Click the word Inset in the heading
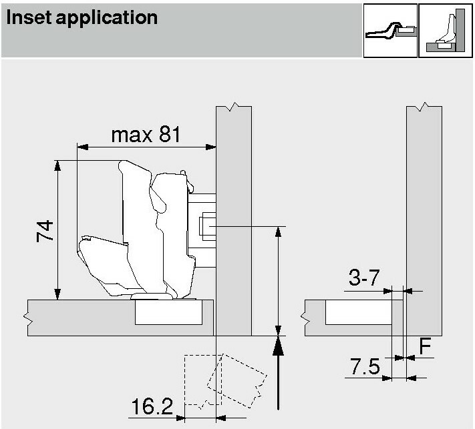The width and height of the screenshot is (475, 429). pyautogui.click(x=28, y=17)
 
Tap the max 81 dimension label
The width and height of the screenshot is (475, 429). pyautogui.click(x=146, y=135)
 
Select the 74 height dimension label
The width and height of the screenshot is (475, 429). pyautogui.click(x=45, y=231)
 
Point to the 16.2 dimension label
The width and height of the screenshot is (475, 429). pyautogui.click(x=152, y=406)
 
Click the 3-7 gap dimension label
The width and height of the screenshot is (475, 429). pyautogui.click(x=364, y=277)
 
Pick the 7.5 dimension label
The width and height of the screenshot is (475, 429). pyautogui.click(x=365, y=366)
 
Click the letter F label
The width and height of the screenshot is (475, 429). pyautogui.click(x=425, y=346)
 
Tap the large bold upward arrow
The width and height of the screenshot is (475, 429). pyautogui.click(x=278, y=374)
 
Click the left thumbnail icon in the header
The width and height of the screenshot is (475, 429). pyautogui.click(x=390, y=30)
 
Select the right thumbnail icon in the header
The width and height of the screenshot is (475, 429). pyautogui.click(x=446, y=30)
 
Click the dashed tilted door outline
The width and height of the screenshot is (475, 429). pyautogui.click(x=237, y=380)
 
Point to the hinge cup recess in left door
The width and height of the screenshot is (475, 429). pyautogui.click(x=168, y=312)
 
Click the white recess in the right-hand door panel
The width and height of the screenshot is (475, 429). pyautogui.click(x=359, y=312)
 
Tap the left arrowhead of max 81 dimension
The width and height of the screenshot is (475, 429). pyautogui.click(x=82, y=147)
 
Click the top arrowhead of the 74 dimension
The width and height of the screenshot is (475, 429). pyautogui.click(x=57, y=165)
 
